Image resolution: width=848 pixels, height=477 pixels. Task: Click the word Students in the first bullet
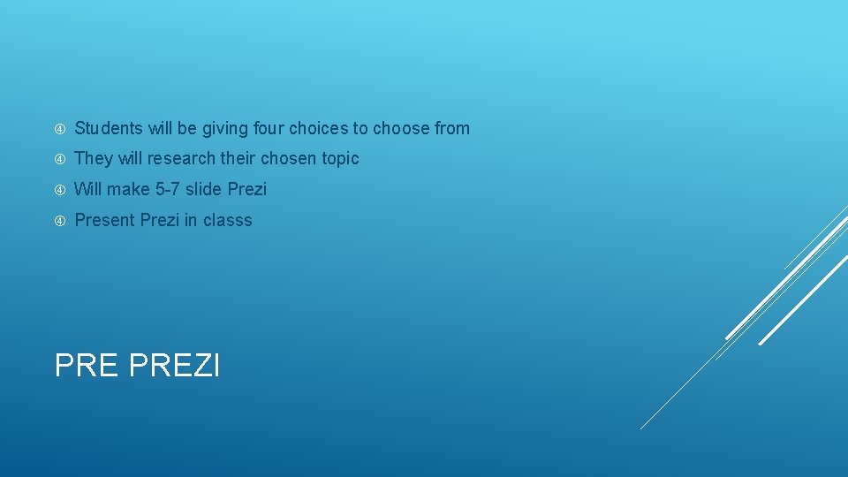pyautogui.click(x=109, y=129)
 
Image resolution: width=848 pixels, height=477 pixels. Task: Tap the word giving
pyautogui.click(x=226, y=129)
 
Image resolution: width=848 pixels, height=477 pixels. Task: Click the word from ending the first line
pyautogui.click(x=452, y=129)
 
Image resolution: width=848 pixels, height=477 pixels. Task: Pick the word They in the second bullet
pyautogui.click(x=92, y=159)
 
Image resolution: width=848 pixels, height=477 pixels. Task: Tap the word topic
pyautogui.click(x=340, y=159)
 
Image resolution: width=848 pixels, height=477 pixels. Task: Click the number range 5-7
pyautogui.click(x=167, y=189)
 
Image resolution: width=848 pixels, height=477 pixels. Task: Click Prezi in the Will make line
pyautogui.click(x=247, y=189)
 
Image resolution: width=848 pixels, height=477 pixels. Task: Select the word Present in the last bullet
pyautogui.click(x=105, y=220)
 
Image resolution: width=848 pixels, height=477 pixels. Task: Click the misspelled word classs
pyautogui.click(x=227, y=220)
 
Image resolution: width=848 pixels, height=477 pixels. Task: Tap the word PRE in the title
pyautogui.click(x=87, y=365)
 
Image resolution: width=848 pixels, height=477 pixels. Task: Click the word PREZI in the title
pyautogui.click(x=174, y=365)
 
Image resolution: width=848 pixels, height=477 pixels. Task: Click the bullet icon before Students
pyautogui.click(x=60, y=129)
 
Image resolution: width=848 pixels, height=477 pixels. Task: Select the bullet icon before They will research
pyautogui.click(x=60, y=159)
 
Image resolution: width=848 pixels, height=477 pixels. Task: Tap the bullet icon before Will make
pyautogui.click(x=60, y=189)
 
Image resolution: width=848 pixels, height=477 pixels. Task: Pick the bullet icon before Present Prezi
pyautogui.click(x=60, y=220)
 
